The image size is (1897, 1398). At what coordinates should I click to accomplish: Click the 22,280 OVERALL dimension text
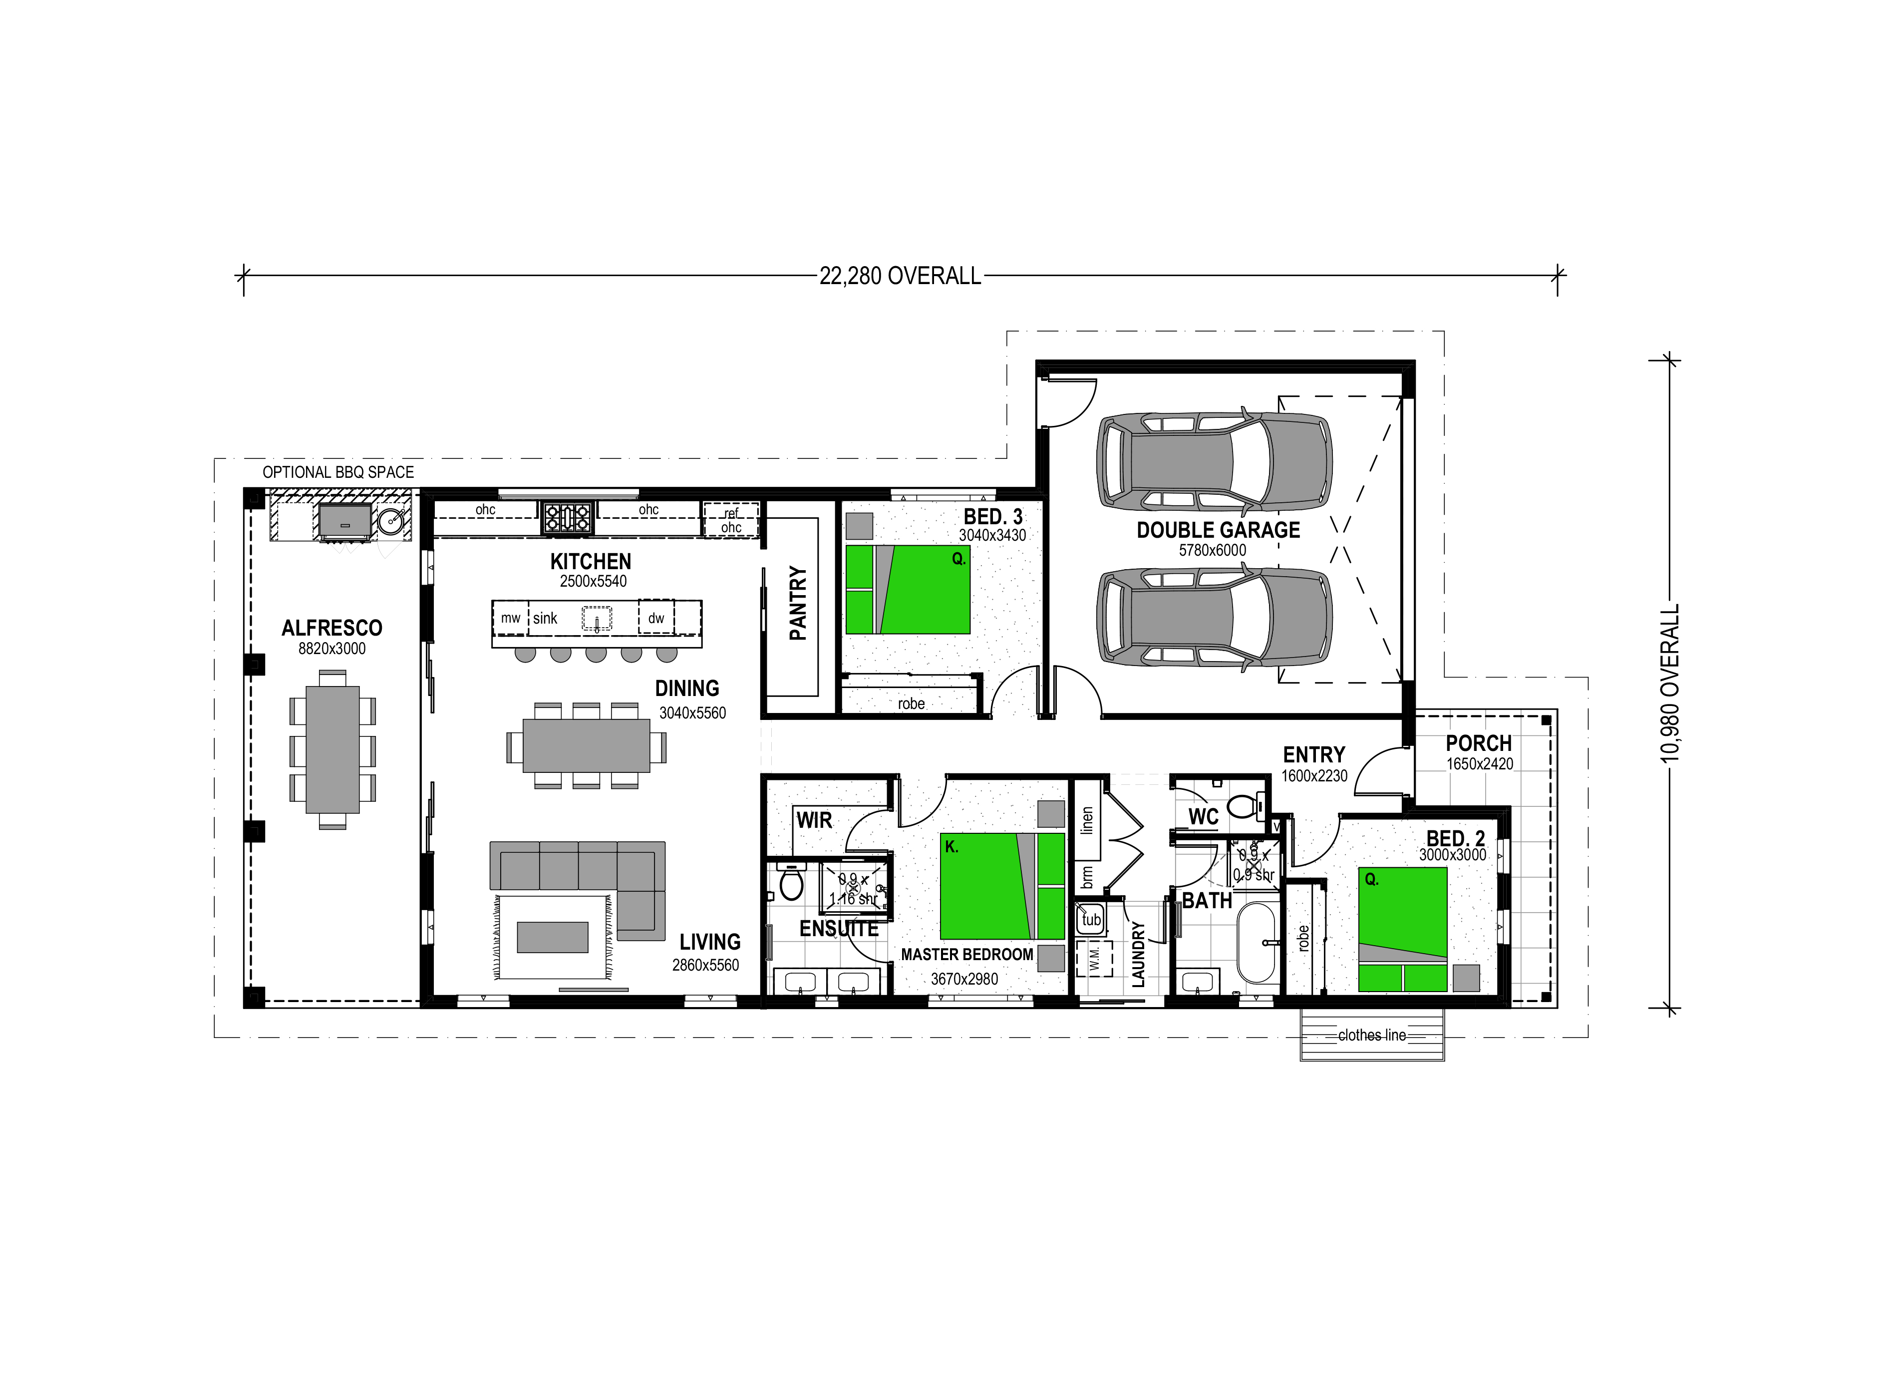point(900,276)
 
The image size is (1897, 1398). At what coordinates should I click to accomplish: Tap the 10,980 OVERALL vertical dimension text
point(1669,683)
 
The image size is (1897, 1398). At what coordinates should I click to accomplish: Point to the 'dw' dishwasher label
point(656,618)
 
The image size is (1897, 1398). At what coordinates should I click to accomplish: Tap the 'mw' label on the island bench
point(510,618)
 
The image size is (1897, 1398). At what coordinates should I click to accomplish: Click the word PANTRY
point(798,603)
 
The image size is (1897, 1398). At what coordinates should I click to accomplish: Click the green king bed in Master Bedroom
point(1002,886)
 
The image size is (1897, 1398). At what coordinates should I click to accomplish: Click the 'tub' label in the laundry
point(1091,920)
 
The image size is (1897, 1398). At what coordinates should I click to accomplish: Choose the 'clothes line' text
point(1371,1035)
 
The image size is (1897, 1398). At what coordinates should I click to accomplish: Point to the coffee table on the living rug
point(553,937)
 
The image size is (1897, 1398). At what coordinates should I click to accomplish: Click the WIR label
point(814,820)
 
